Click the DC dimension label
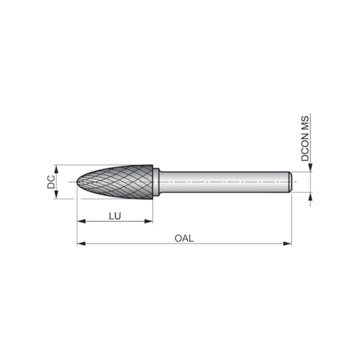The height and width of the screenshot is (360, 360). (51, 182)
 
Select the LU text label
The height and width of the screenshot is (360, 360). (115, 215)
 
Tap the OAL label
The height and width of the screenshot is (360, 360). (184, 238)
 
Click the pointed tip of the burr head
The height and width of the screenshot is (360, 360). (77, 182)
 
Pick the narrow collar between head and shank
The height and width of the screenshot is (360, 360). (157, 182)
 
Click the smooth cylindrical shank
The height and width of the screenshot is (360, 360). (222, 182)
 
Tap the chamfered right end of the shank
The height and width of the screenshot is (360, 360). (290, 182)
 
